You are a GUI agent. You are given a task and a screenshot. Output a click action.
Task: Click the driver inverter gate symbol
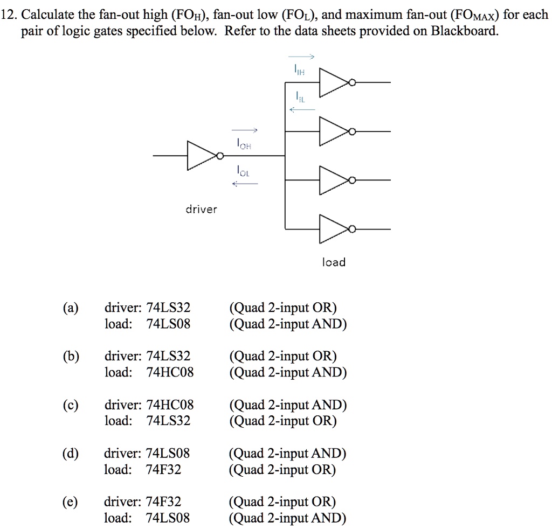tap(201, 156)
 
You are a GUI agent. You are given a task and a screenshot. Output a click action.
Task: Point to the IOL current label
tap(244, 171)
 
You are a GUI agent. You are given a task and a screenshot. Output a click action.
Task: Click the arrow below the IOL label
tap(245, 184)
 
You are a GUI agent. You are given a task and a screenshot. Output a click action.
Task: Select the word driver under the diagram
tap(201, 209)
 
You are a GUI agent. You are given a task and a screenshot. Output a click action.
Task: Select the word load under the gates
tap(334, 262)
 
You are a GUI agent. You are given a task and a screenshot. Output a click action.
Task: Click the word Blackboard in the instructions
tap(463, 31)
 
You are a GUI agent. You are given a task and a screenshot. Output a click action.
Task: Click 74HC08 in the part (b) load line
tap(170, 373)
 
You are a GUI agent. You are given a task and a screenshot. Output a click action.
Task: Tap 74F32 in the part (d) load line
tap(164, 470)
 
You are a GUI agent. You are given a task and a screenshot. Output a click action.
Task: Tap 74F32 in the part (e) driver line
tap(164, 502)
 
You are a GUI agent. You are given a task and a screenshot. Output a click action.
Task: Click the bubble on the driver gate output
tap(220, 156)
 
